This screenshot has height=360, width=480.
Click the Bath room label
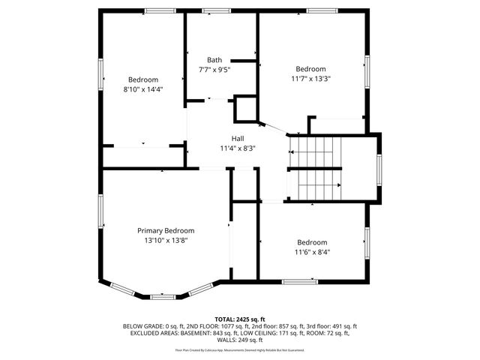point(214,60)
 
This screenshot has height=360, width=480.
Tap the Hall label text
point(237,139)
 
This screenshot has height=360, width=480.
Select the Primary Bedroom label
point(166,231)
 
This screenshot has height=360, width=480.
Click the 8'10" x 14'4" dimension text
point(142,89)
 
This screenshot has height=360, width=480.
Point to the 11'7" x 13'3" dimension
point(310,78)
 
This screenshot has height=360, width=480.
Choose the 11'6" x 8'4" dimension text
point(311,252)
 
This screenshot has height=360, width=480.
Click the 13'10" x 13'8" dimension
point(166,241)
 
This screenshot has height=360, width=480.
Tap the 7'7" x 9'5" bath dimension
point(214,70)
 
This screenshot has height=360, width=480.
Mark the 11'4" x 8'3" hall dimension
point(237,148)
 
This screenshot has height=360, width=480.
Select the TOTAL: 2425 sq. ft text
point(240,319)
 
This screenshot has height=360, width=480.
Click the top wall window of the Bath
point(216,10)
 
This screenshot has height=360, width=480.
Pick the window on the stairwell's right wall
point(379,169)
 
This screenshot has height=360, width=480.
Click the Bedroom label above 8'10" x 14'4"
point(142,79)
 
